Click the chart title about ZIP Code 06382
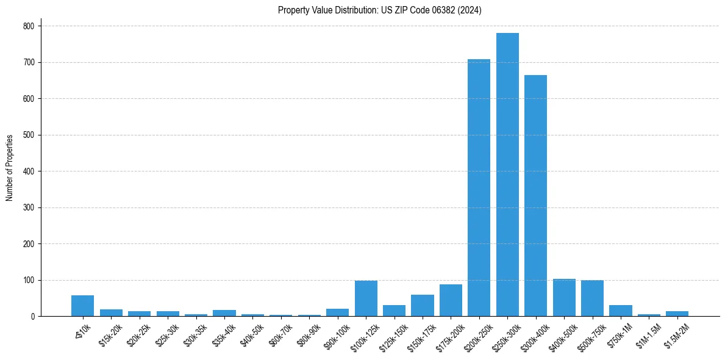click(379, 10)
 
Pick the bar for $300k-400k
click(535, 196)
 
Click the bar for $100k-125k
click(366, 298)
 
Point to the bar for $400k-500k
click(564, 298)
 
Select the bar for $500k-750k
click(592, 298)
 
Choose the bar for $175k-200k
click(451, 300)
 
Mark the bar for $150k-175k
click(423, 306)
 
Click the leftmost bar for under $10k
click(82, 306)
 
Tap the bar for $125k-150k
click(394, 311)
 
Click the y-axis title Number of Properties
click(10, 168)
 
